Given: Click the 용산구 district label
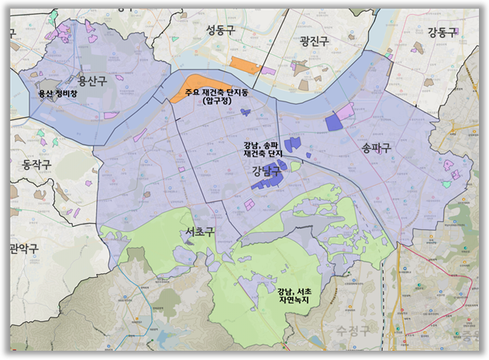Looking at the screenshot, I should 92,81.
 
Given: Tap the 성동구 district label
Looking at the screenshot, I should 221,30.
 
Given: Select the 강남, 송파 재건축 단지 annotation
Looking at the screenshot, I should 261,149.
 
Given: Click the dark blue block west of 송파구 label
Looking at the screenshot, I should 333,122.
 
